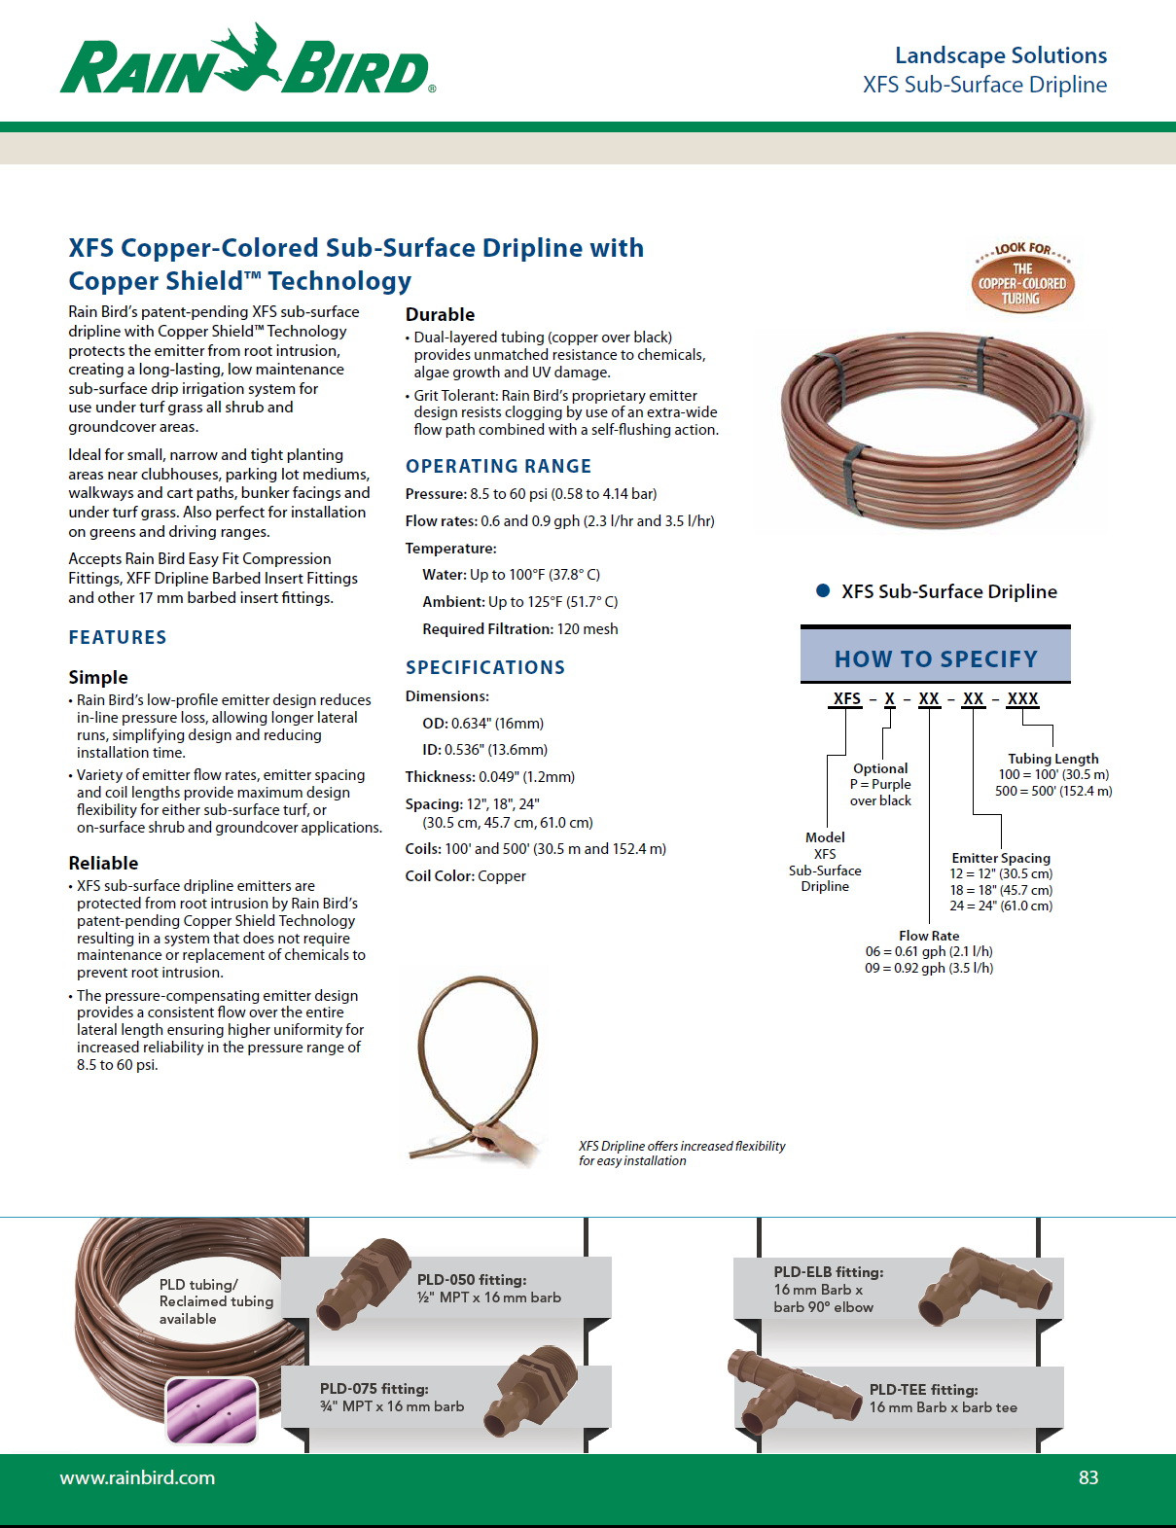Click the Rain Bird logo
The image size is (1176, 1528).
click(247, 61)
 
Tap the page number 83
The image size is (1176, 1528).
click(1088, 1477)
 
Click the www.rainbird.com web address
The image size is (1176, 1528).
click(137, 1477)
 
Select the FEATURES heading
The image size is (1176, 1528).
click(118, 637)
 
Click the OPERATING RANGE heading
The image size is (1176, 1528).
click(498, 466)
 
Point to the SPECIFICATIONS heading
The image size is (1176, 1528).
click(485, 667)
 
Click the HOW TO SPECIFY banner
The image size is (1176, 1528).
click(936, 658)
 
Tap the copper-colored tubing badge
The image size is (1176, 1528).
click(1022, 277)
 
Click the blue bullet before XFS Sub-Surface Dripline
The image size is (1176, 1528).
click(823, 590)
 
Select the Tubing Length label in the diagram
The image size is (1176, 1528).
click(1053, 759)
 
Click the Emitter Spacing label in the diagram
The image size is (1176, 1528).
click(1001, 858)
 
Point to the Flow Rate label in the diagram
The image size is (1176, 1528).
click(929, 936)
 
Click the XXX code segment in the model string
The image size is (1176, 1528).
click(1022, 698)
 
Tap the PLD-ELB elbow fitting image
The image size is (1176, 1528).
click(980, 1286)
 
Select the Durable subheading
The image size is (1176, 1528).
click(440, 314)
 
